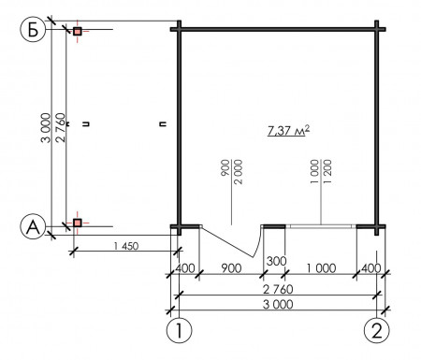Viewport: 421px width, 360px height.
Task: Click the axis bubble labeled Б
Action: click(x=33, y=30)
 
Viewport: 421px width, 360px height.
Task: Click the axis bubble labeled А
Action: click(x=33, y=227)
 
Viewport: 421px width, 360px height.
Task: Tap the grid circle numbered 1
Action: click(x=179, y=330)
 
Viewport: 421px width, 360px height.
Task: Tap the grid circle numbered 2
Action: click(x=377, y=330)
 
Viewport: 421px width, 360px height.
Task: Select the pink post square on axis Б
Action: click(x=77, y=31)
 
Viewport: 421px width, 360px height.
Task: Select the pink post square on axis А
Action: click(x=77, y=223)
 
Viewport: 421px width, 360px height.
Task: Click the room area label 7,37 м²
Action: click(x=288, y=131)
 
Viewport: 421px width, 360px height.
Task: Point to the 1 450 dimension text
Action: click(x=126, y=246)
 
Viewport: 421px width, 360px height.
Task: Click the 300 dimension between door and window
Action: click(x=276, y=261)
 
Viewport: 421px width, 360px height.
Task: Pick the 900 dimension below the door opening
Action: click(x=231, y=268)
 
